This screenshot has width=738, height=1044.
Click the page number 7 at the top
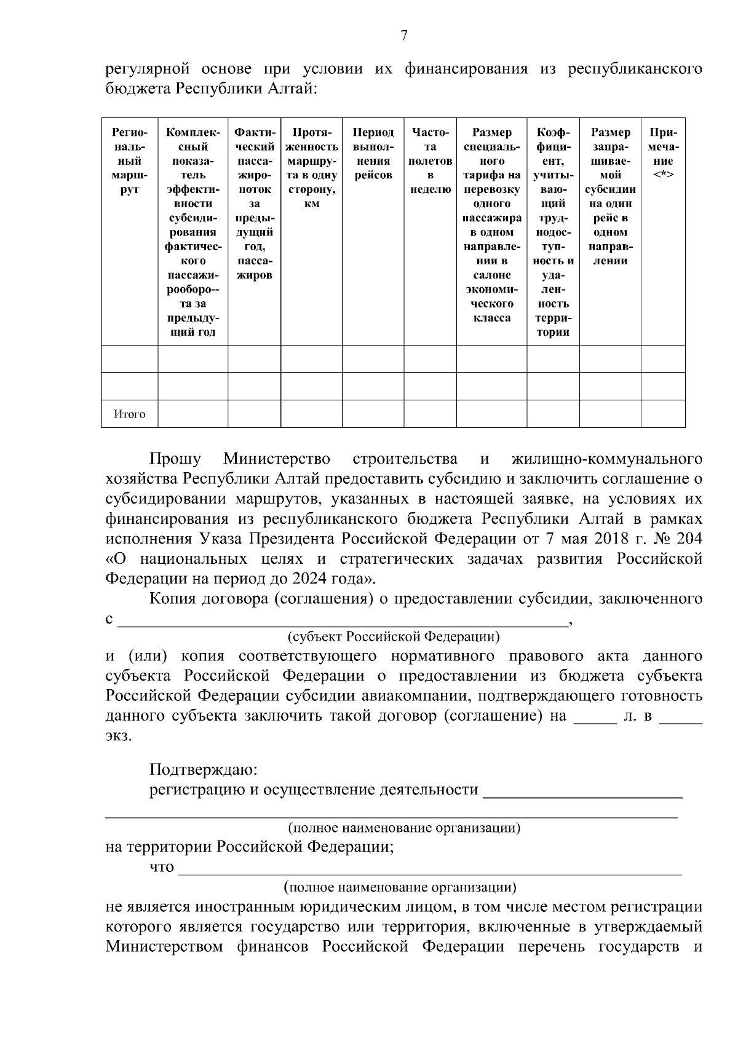coord(404,36)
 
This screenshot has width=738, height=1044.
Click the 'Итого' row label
coord(129,414)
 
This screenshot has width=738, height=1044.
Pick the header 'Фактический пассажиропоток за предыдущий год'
coord(254,204)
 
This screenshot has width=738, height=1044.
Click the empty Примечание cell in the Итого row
coord(663,414)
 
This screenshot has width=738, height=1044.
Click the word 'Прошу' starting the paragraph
coord(175,459)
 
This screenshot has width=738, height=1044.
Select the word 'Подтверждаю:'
coord(204,770)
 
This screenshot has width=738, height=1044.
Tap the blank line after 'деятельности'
coord(582,791)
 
